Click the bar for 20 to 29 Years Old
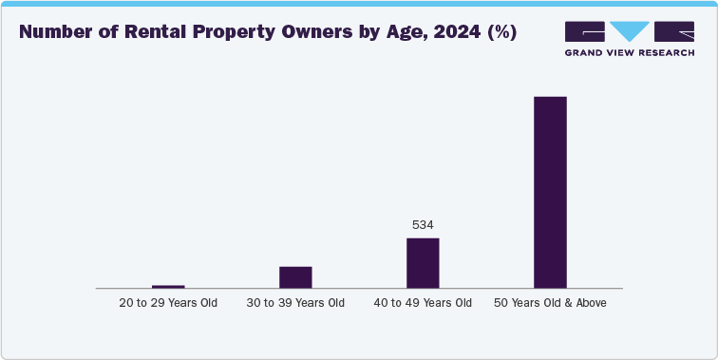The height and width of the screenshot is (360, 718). click(168, 286)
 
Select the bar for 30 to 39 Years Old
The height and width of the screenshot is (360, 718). click(295, 276)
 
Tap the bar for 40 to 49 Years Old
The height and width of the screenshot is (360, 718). click(423, 262)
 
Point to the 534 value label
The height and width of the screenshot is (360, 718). click(423, 225)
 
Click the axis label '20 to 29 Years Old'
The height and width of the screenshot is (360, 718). click(168, 303)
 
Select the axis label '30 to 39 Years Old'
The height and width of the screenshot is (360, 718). click(295, 303)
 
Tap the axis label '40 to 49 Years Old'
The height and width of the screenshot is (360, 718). click(423, 303)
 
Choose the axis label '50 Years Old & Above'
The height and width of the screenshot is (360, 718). click(550, 303)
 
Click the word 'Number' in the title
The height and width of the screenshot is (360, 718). click(59, 32)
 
